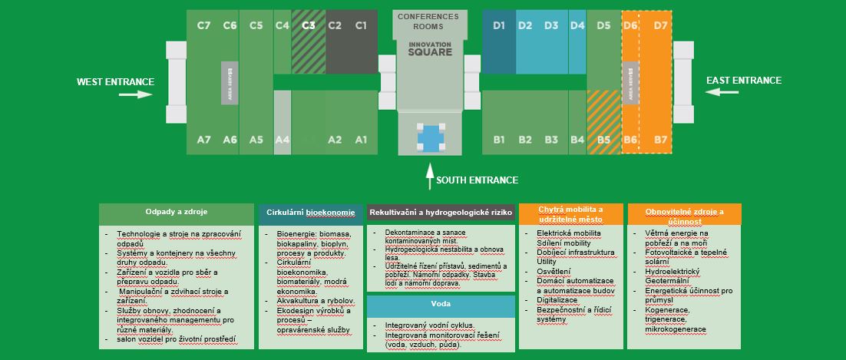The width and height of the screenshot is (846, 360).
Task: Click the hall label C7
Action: pyautogui.click(x=203, y=25)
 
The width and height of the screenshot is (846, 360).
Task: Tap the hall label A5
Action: pyautogui.click(x=256, y=140)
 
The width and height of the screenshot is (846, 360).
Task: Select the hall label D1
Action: pyautogui.click(x=499, y=25)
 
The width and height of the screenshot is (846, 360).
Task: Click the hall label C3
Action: pyautogui.click(x=309, y=25)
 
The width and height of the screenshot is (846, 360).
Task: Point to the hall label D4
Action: pyautogui.click(x=577, y=25)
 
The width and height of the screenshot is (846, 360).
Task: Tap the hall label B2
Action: pyautogui.click(x=525, y=140)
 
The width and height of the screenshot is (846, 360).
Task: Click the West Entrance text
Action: pyautogui.click(x=115, y=82)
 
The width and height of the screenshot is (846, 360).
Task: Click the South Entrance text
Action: pyautogui.click(x=477, y=180)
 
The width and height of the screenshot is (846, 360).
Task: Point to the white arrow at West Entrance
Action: pyautogui.click(x=135, y=94)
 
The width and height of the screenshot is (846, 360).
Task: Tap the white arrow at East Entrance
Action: pyautogui.click(x=722, y=92)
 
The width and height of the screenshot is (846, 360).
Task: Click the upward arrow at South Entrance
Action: pyautogui.click(x=429, y=175)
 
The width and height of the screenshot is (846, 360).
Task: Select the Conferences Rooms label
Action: pyautogui.click(x=428, y=21)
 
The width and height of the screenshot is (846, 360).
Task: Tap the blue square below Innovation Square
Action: pyautogui.click(x=430, y=137)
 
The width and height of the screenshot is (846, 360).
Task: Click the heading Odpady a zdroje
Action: pyautogui.click(x=177, y=211)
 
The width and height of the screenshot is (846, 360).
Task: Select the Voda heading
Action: pyautogui.click(x=440, y=304)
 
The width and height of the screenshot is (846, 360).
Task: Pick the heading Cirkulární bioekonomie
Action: pyautogui.click(x=310, y=212)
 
